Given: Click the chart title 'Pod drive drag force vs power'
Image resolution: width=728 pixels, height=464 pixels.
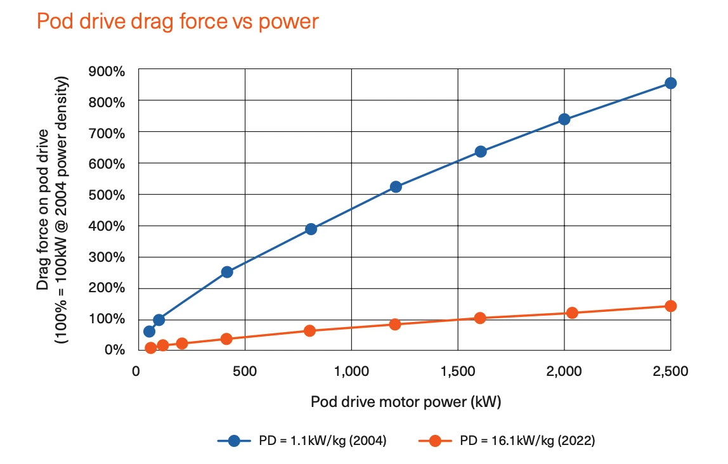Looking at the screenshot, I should [178, 22].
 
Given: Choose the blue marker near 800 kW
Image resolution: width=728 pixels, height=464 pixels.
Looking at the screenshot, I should [311, 229].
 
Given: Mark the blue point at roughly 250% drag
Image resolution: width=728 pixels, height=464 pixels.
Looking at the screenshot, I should [227, 272].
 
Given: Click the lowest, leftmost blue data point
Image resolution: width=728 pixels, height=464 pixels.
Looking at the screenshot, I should [150, 332].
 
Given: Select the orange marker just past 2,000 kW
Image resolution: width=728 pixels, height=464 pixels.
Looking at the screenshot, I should [572, 313].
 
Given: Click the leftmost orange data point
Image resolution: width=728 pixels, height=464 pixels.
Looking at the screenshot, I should [151, 347].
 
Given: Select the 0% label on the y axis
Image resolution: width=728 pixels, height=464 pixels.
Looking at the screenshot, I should [115, 350].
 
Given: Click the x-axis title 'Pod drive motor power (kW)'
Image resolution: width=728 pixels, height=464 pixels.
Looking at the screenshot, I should [410, 402].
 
